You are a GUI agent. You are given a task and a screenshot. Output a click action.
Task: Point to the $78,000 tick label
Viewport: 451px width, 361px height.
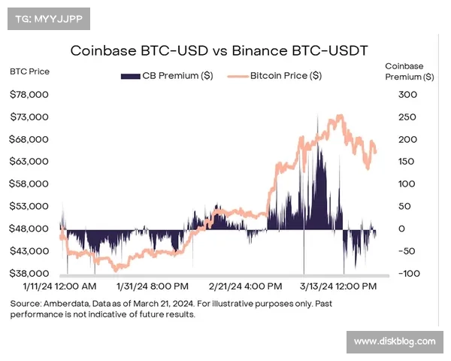(29, 95)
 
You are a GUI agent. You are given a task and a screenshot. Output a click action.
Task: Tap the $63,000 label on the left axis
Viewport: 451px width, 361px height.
(29, 162)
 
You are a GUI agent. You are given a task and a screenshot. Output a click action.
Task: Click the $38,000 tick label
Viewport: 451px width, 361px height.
(29, 274)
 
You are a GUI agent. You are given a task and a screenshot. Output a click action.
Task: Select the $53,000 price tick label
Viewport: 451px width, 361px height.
(29, 206)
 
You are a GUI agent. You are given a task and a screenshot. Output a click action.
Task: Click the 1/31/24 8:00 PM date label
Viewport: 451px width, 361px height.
(153, 287)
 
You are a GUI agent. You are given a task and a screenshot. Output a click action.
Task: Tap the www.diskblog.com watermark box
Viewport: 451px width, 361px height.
(394, 342)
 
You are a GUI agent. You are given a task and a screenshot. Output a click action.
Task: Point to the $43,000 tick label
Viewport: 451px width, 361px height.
(29, 251)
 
